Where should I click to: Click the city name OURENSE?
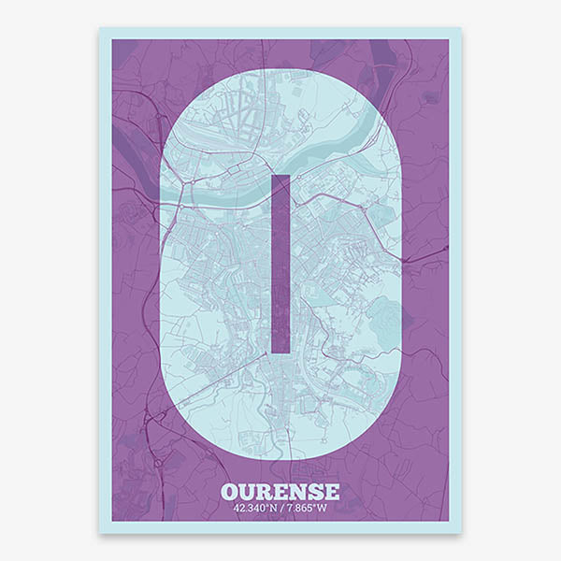click(280, 491)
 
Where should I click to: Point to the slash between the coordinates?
click(281, 509)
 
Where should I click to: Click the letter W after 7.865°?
click(323, 509)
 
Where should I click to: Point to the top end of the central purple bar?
click(280, 177)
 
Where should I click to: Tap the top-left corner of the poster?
click(100, 28)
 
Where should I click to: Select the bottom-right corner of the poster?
click(461, 533)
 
